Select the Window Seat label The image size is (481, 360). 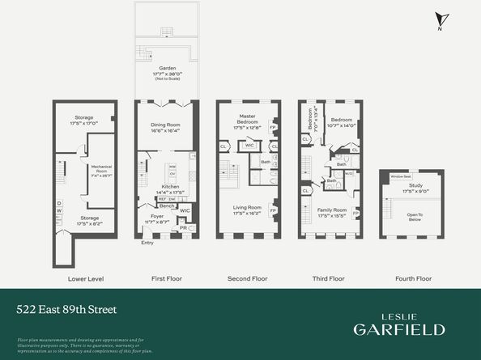(x=402, y=176)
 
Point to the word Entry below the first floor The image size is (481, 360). (x=147, y=243)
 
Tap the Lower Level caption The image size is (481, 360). (x=85, y=278)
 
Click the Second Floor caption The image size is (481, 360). (x=248, y=278)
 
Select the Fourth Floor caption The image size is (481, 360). (x=411, y=278)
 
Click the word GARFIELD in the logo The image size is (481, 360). (x=398, y=328)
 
